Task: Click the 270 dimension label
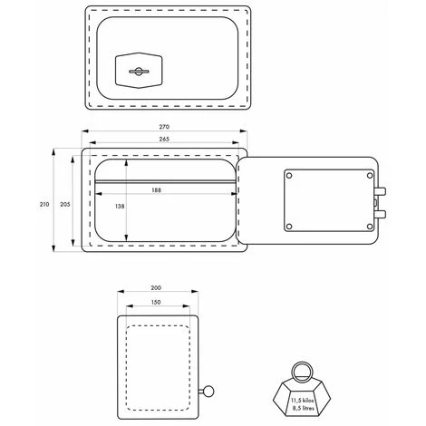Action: point(164,127)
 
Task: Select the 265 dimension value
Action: point(164,139)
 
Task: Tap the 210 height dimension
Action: point(44,204)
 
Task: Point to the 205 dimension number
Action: point(65,204)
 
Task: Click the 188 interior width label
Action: point(156,190)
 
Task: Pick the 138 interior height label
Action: point(120,207)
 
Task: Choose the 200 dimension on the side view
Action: point(156,288)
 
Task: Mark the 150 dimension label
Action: point(156,302)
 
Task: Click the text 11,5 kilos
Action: point(303,401)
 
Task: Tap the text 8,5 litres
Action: point(304,408)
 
